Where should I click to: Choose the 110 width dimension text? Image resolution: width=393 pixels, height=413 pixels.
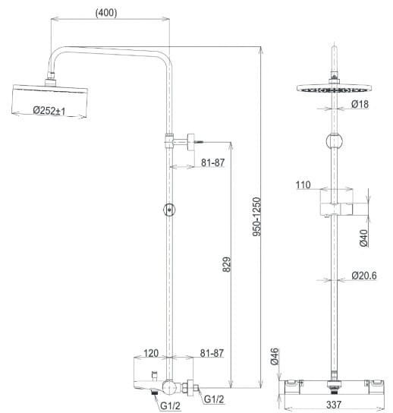[304, 184]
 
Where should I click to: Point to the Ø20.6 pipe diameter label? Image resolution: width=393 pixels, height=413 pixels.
[364, 276]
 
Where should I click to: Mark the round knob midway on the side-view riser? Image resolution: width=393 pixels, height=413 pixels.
[169, 210]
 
